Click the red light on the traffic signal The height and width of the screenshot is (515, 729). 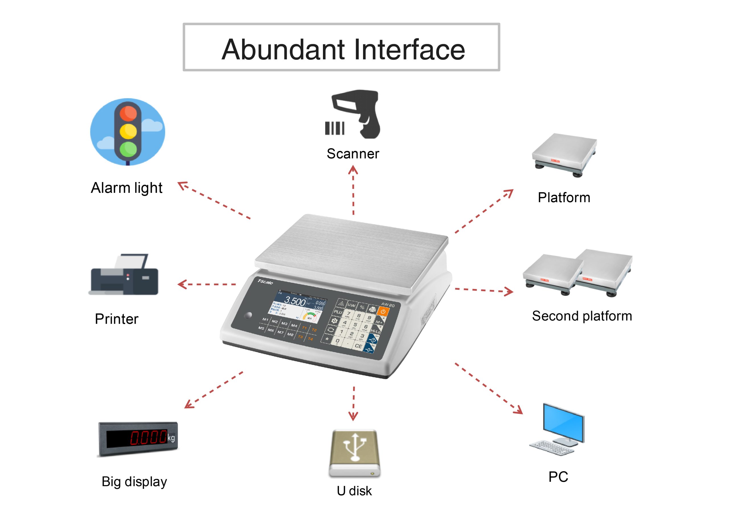coord(128,113)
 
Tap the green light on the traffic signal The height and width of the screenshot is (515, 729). coord(128,149)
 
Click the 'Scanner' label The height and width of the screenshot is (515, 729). coord(353,154)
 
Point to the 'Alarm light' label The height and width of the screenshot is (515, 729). coord(126,188)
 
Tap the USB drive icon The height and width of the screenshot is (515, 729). coord(354,454)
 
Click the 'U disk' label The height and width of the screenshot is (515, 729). coord(354,491)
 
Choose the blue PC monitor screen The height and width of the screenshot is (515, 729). coord(563,422)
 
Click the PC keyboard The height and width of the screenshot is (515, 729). coord(552,447)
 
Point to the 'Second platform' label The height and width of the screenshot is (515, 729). coord(582,316)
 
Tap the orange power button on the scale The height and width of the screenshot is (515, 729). coord(383,311)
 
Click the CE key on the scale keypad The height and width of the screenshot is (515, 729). coord(358,346)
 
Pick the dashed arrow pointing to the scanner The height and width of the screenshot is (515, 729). coord(353,190)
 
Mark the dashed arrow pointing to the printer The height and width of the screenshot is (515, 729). coord(206,284)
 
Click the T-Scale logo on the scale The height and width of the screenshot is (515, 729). coord(265,282)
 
